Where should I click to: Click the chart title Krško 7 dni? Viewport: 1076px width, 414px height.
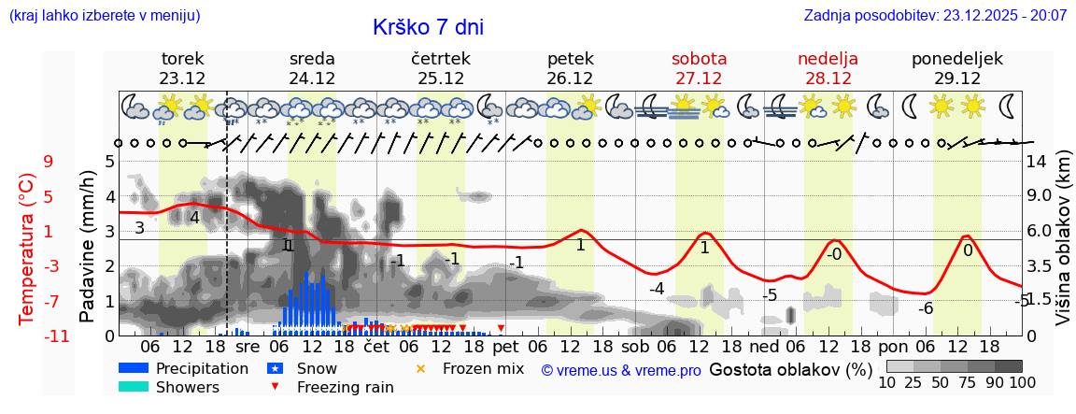[x=428, y=27]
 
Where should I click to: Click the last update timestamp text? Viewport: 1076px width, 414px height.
[x=935, y=15]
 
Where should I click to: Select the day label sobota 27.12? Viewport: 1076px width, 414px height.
[x=699, y=68]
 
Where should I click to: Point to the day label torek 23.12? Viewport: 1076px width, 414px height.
[x=182, y=68]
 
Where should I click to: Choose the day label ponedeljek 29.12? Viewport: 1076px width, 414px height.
[x=957, y=68]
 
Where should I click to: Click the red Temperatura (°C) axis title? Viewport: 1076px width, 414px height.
[x=27, y=249]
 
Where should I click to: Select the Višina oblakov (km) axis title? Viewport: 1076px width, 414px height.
[x=1062, y=247]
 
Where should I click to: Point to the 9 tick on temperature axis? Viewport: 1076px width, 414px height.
[x=48, y=162]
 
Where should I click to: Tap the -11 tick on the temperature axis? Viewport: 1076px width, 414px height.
[x=56, y=336]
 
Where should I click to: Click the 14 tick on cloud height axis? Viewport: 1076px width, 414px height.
[x=1038, y=162]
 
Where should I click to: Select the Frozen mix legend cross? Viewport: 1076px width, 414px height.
[x=420, y=369]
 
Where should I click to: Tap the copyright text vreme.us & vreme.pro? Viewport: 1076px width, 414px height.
[x=621, y=370]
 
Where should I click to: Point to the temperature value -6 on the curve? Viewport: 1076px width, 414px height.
[x=926, y=308]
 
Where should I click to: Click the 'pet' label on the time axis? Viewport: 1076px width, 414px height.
[x=505, y=347]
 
